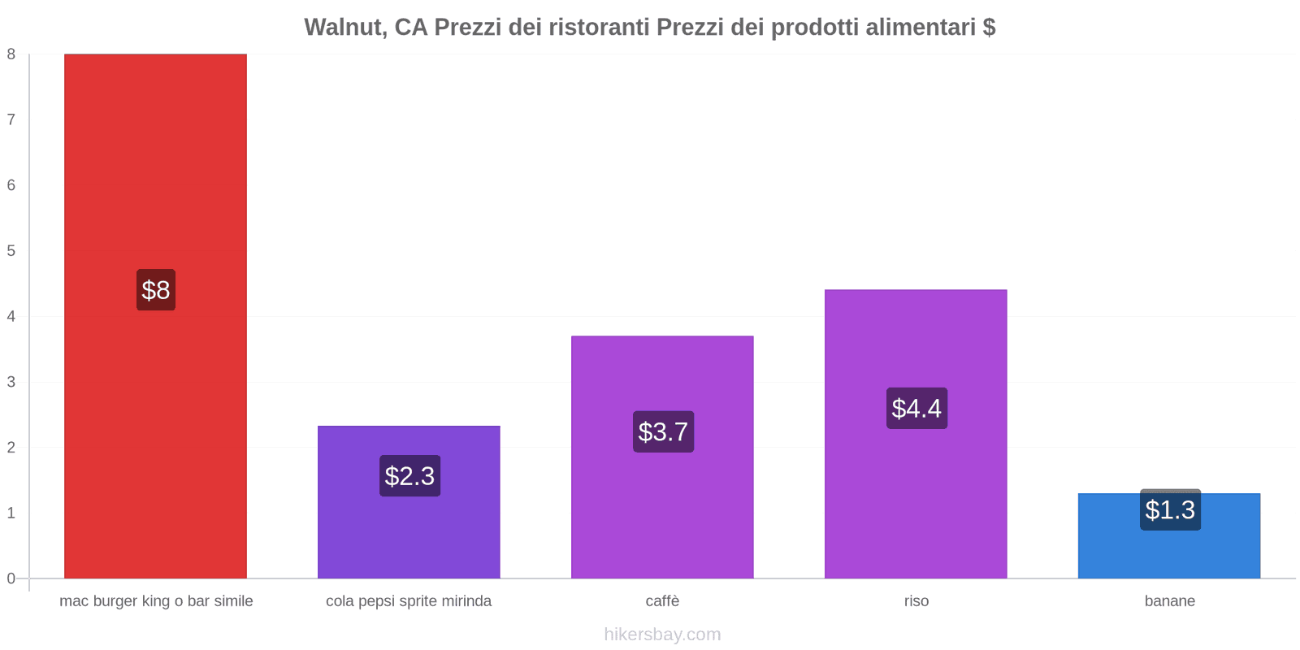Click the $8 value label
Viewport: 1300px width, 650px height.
[x=156, y=290]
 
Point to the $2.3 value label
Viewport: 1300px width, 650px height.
[x=409, y=476]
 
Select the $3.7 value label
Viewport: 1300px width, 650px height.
[x=663, y=431]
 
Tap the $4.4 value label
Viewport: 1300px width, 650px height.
[x=916, y=408]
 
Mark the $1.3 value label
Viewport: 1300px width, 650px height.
[x=1170, y=510]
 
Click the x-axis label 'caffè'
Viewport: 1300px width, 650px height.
[x=662, y=601]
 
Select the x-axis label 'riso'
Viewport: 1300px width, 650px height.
[x=916, y=601]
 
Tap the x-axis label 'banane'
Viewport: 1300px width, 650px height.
[x=1169, y=601]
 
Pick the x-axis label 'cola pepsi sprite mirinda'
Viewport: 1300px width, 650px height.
[x=409, y=601]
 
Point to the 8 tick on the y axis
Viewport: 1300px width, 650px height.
[x=11, y=54]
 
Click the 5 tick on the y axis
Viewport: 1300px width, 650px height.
[x=11, y=251]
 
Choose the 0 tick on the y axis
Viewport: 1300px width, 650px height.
[x=11, y=578]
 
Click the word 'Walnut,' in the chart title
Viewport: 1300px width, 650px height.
[x=345, y=28]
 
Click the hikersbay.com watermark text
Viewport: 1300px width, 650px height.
[x=662, y=635]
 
